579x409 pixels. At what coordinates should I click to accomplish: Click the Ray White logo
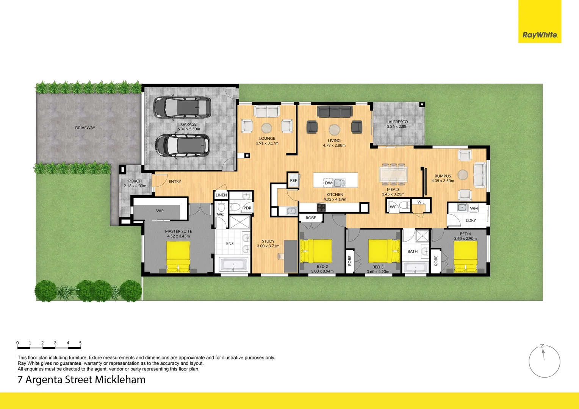coord(540,35)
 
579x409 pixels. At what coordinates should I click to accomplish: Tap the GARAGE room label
coord(189,124)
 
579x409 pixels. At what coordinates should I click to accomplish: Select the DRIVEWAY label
coord(85,128)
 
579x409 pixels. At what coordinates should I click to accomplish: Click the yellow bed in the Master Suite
coord(178,256)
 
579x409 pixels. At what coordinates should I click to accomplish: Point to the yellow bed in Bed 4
coord(465,256)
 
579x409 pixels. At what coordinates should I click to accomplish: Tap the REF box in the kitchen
coord(293,181)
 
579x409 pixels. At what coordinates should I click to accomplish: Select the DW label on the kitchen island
coord(328,183)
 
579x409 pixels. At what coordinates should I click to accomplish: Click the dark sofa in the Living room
coord(335,111)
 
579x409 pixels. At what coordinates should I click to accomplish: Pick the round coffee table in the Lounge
coord(266,128)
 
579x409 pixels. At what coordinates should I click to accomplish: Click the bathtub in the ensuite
coord(234,264)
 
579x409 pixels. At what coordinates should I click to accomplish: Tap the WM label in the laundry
coord(474,208)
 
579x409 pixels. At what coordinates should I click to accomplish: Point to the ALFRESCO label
coord(398,122)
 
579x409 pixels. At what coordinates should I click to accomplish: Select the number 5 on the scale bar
coord(80,343)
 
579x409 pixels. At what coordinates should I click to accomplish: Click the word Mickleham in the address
coord(120,379)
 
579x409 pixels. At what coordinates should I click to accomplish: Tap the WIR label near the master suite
coord(160,211)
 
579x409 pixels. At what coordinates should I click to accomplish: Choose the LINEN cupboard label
coord(221,195)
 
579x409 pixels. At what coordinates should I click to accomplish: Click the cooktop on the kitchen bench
coord(321,208)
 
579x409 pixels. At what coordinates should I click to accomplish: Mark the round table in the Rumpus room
coord(463,175)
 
